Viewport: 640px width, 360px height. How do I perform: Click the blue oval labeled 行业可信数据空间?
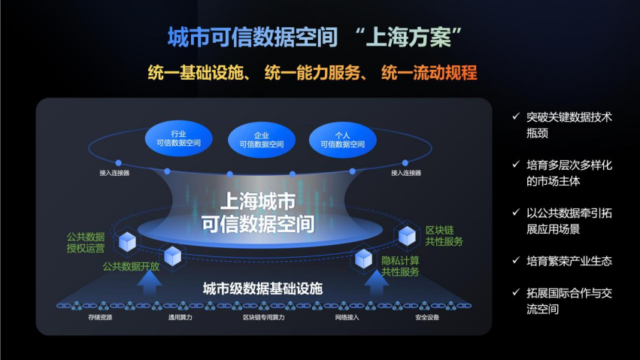pyautogui.click(x=179, y=138)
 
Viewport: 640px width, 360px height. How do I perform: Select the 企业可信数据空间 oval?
pyautogui.click(x=262, y=140)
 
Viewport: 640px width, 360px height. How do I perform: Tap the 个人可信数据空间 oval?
pyautogui.click(x=342, y=140)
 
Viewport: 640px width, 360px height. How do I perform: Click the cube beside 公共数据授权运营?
pyautogui.click(x=127, y=242)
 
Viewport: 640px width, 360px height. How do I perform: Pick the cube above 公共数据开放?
pyautogui.click(x=172, y=256)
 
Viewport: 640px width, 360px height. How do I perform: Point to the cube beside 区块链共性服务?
pyautogui.click(x=407, y=236)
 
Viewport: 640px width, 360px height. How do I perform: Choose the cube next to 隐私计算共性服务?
pyautogui.click(x=363, y=259)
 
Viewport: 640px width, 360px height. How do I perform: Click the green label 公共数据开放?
pyautogui.click(x=131, y=267)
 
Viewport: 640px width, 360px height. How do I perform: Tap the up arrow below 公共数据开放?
pyautogui.click(x=150, y=282)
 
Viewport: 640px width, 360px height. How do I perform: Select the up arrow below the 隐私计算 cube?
pyautogui.click(x=376, y=282)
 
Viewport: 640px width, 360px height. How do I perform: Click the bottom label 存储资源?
pyautogui.click(x=100, y=317)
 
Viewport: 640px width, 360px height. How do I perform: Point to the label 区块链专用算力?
pyautogui.click(x=264, y=317)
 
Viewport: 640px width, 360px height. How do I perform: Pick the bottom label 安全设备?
pyautogui.click(x=427, y=317)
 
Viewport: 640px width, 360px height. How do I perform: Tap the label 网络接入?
pyautogui.click(x=347, y=317)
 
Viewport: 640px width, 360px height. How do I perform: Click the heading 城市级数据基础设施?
pyautogui.click(x=263, y=289)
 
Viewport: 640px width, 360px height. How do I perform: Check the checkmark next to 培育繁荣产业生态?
pyautogui.click(x=516, y=260)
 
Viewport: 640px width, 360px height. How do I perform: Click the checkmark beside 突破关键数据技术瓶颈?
pyautogui.click(x=516, y=116)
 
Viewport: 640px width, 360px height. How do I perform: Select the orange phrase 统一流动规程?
pyautogui.click(x=429, y=73)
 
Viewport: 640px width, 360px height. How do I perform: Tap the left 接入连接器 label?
pyautogui.click(x=114, y=173)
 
